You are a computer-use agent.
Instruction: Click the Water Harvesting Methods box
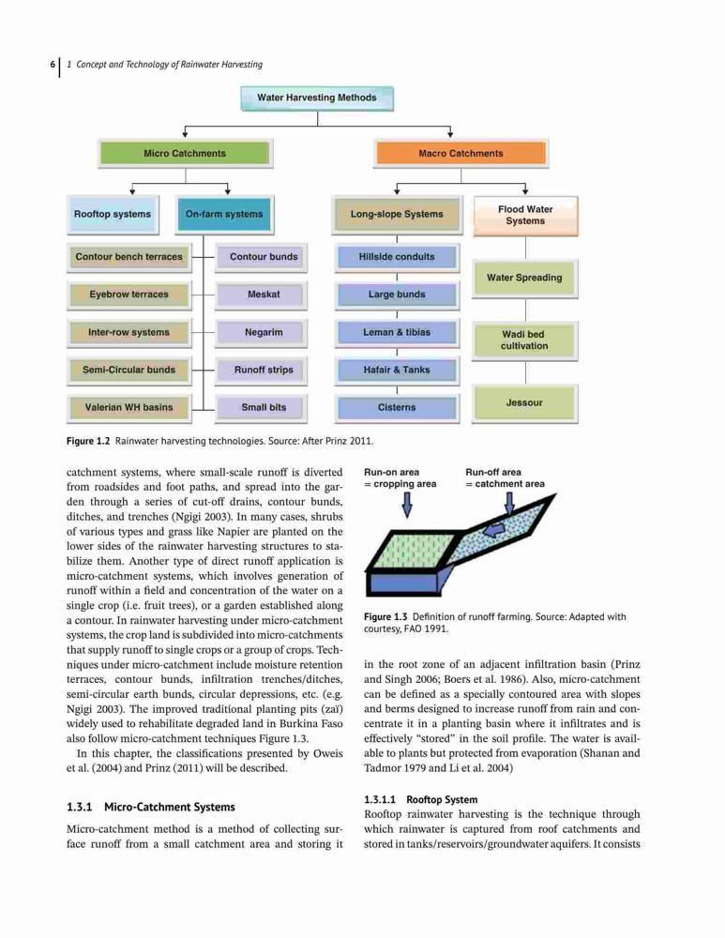(317, 98)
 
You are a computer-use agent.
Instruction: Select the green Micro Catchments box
(185, 153)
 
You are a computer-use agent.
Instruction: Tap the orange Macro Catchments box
(461, 153)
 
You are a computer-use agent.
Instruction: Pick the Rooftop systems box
(113, 214)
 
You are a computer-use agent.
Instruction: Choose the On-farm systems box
(224, 214)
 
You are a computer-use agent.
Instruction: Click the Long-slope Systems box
(397, 214)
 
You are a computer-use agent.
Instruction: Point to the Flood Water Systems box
(525, 216)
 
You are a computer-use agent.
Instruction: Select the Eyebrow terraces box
(128, 295)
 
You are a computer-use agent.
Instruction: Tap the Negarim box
(264, 332)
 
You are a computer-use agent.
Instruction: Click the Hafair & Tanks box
(397, 370)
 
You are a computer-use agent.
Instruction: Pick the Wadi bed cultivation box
(524, 340)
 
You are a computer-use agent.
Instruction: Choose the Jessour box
(524, 403)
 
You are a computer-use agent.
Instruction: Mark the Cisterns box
(397, 407)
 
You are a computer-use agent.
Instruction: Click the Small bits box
(264, 407)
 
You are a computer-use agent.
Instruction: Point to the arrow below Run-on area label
(407, 507)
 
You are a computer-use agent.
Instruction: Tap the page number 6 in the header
(53, 65)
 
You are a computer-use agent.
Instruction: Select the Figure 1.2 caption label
(88, 442)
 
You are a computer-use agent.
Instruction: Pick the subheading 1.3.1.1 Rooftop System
(420, 800)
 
